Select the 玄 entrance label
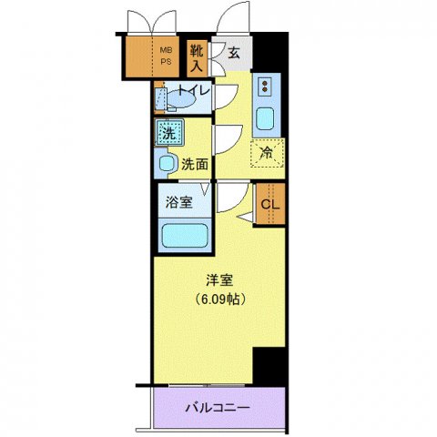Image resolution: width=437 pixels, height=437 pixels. pyautogui.click(x=234, y=54)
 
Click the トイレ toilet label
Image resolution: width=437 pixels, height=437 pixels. pyautogui.click(x=193, y=90)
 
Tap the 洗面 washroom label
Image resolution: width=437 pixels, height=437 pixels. pyautogui.click(x=195, y=165)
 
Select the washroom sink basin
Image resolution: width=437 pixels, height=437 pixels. pyautogui.click(x=167, y=165)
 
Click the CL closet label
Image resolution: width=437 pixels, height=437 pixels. pyautogui.click(x=270, y=204)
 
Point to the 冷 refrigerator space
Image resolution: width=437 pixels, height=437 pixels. pyautogui.click(x=267, y=154)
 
